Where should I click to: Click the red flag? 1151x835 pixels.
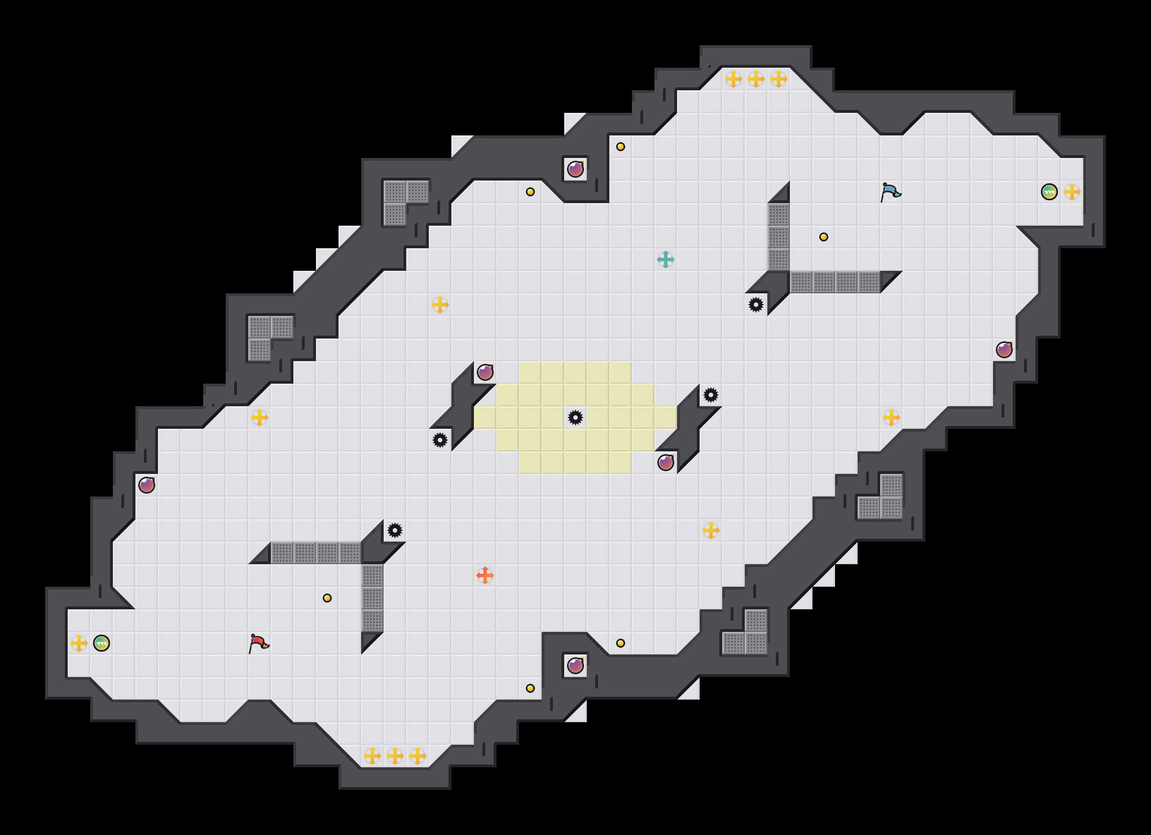pos(258,643)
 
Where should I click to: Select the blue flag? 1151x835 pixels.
pos(890,192)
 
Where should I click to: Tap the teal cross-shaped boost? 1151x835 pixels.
pos(666,260)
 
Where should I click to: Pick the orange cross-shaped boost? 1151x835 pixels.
pos(485,575)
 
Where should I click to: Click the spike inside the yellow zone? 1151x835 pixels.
pos(575,417)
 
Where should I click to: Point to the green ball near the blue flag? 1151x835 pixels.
pos(1049,192)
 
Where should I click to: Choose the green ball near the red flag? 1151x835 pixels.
pos(102,643)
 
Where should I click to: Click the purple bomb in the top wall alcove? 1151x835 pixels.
pos(575,169)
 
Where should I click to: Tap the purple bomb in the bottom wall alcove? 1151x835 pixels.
pos(575,666)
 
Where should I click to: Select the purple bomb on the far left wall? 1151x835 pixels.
pos(147,485)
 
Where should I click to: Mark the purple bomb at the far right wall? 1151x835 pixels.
pos(1004,350)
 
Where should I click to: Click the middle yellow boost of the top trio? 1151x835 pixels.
pos(756,79)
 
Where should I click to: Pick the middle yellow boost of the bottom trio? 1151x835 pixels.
pos(395,756)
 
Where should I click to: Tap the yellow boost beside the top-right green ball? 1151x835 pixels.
pos(1072,192)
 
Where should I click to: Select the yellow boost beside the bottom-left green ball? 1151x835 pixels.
pos(79,643)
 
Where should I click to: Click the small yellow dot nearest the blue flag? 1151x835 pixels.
pos(824,237)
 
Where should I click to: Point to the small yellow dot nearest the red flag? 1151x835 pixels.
pos(327,598)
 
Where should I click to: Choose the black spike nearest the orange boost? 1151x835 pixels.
pos(395,530)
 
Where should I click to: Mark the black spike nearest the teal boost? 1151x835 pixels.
pos(756,305)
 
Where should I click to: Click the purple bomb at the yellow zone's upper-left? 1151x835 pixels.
pos(485,372)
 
